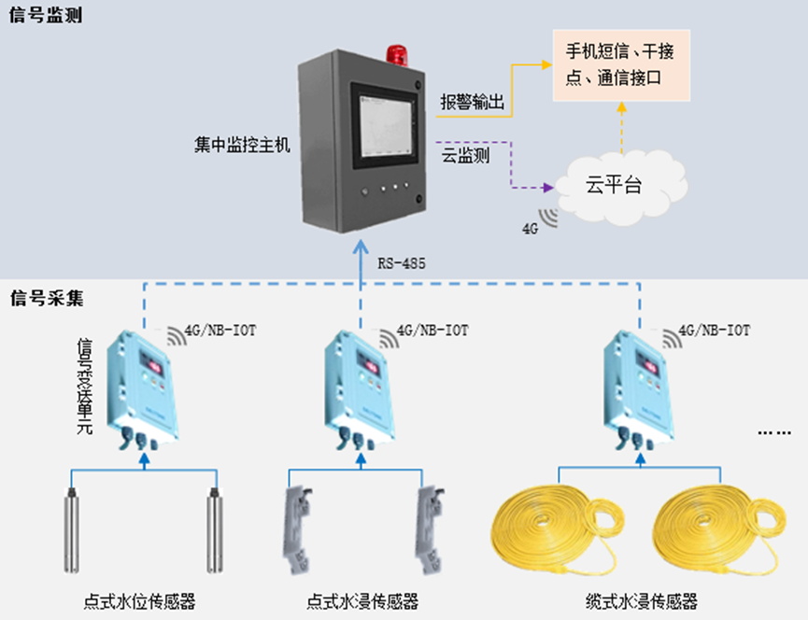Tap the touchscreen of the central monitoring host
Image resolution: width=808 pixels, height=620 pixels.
pos(382,127)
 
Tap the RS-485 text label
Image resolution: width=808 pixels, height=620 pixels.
pos(402,264)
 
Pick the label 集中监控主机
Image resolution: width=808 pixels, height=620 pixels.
pos(243,146)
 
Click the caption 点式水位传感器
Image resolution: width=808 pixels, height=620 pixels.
pos(141,601)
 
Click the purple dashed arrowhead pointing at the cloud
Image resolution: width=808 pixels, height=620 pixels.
pos(546,187)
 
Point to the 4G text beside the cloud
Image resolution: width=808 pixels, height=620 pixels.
pos(530,228)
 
